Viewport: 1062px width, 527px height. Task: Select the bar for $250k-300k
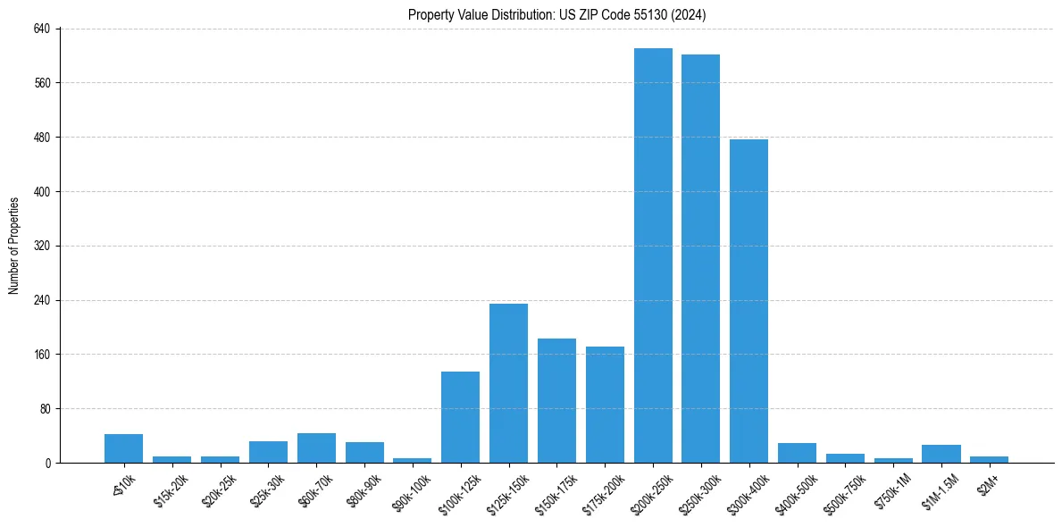(x=701, y=259)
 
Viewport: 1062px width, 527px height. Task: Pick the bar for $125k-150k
(x=508, y=383)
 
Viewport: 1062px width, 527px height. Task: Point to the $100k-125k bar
(x=460, y=417)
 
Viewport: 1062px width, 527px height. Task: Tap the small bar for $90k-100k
(x=412, y=460)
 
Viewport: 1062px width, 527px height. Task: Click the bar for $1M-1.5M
(x=941, y=454)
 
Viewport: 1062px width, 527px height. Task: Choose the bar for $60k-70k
(x=316, y=448)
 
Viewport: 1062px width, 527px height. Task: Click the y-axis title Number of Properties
(x=13, y=246)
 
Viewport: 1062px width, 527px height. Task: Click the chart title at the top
(x=557, y=14)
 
